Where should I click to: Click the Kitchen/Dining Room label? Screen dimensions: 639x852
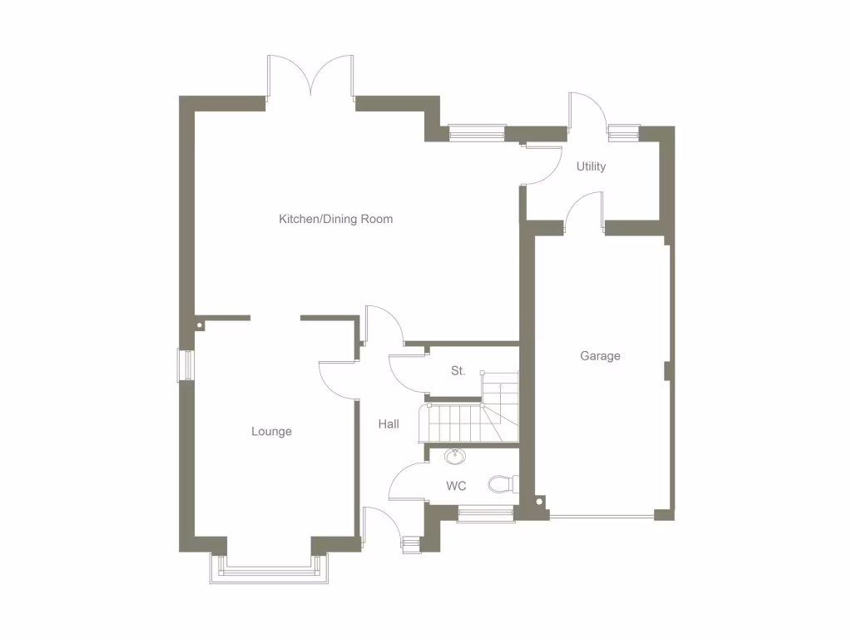(335, 220)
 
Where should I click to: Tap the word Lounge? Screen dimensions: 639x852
(271, 432)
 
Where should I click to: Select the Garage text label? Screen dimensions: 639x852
(600, 356)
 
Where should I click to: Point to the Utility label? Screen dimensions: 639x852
(591, 166)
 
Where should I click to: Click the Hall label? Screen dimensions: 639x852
(389, 424)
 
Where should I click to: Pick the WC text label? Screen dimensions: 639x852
(456, 486)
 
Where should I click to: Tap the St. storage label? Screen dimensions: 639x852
(458, 371)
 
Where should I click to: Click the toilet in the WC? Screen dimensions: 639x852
(502, 483)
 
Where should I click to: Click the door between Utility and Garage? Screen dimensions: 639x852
(583, 211)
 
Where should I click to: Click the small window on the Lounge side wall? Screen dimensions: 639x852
(186, 365)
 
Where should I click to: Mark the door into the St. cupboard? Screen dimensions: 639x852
(407, 372)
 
